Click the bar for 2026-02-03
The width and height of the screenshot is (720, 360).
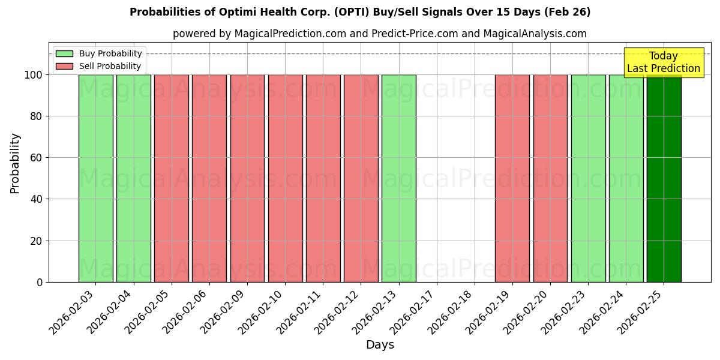pos(95,178)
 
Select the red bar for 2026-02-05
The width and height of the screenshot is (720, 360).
pos(172,178)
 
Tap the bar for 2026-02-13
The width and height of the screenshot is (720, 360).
pos(399,178)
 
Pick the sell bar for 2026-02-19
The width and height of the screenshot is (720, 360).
pos(512,178)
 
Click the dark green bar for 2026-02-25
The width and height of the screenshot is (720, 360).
pos(664,178)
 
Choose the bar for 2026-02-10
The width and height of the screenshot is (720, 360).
pos(285,178)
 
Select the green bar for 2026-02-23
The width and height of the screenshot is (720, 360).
pos(588,178)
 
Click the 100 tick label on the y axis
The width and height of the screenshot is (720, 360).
pos(34,75)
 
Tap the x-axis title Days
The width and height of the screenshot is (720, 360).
pos(380,345)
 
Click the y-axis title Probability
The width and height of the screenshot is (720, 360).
pos(15,163)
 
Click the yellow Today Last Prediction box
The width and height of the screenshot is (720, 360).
pos(664,62)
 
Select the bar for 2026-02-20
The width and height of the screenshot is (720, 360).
pos(550,178)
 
